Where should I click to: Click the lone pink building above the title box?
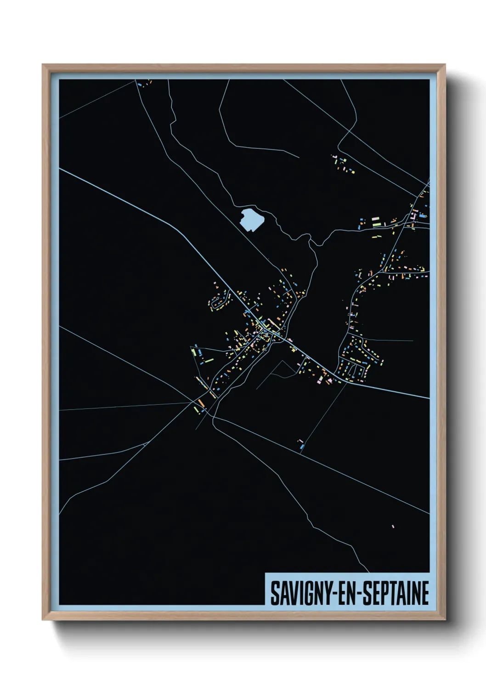(393, 526)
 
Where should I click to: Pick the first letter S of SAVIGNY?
(274, 593)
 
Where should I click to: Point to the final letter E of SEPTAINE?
(425, 593)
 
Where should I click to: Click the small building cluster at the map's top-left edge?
(143, 84)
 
